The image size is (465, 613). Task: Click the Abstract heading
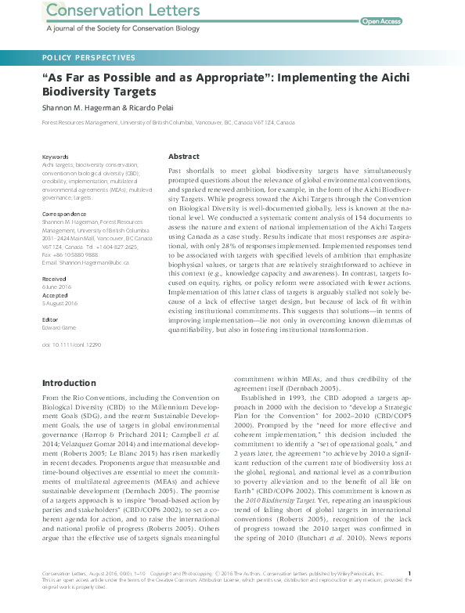pos(184,157)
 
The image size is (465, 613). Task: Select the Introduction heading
pos(70,382)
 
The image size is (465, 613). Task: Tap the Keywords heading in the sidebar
pos(55,157)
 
